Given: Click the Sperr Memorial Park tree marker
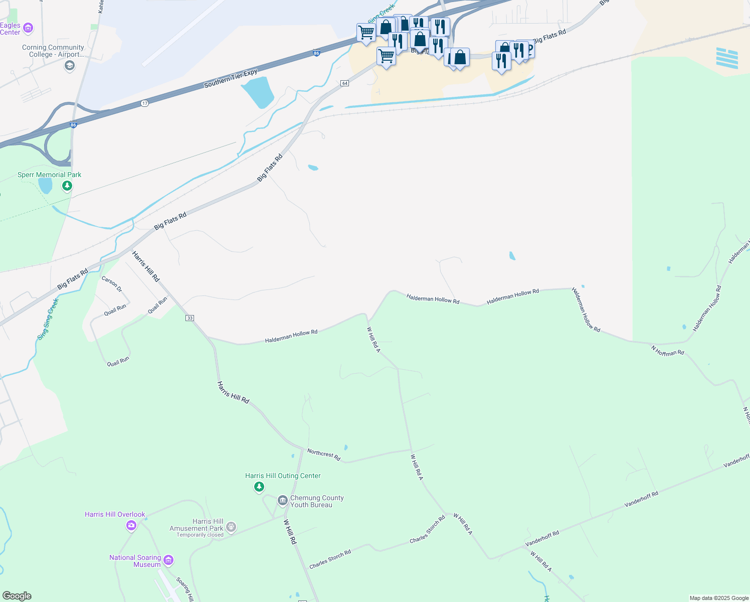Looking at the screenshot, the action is click(x=67, y=186).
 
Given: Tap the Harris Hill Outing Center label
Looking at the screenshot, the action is click(x=283, y=476).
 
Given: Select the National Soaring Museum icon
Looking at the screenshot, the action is click(x=168, y=560).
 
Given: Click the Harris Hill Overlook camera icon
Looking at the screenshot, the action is click(x=131, y=525).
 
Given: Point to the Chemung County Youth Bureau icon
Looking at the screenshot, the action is click(x=282, y=501).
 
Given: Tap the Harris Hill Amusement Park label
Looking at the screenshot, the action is click(x=196, y=525).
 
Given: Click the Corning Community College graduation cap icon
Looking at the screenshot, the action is click(x=69, y=65).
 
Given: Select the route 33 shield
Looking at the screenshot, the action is click(x=190, y=318).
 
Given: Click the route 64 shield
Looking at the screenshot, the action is click(x=344, y=83).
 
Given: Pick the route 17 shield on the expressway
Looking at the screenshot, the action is click(x=145, y=103).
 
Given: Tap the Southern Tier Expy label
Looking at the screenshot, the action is click(x=231, y=78).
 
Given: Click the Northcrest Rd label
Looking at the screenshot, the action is click(x=324, y=455).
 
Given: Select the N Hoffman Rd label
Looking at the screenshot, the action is click(x=667, y=350).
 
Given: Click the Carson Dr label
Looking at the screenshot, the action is click(x=112, y=284).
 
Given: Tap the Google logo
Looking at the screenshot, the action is click(x=17, y=596).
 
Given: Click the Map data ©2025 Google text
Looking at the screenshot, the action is click(x=719, y=598).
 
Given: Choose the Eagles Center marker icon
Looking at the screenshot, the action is click(x=29, y=28).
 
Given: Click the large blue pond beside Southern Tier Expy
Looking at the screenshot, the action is click(x=258, y=93).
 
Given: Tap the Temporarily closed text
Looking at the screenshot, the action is click(x=200, y=535).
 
